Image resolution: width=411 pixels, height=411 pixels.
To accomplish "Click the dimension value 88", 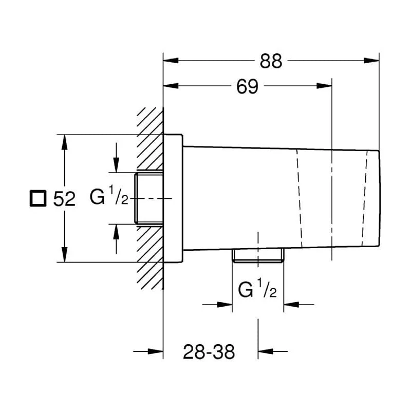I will (271, 61).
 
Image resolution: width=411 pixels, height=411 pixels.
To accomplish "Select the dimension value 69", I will (247, 86).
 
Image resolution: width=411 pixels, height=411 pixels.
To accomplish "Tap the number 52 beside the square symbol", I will (64, 199).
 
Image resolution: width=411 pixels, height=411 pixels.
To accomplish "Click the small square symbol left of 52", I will (38, 198).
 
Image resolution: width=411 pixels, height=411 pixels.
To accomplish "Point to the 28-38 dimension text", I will (209, 352).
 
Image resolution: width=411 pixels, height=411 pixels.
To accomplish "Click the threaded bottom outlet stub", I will (258, 256).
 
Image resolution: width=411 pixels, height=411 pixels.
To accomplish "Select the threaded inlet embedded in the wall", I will (148, 198).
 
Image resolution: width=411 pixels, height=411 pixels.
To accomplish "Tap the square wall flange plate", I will (173, 198).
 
